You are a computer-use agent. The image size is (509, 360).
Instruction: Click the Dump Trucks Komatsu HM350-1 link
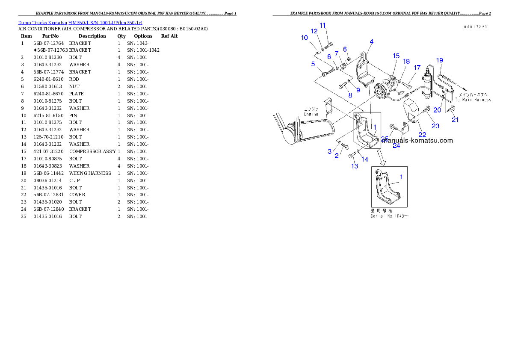point(80,22)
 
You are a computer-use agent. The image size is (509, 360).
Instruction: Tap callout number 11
point(323,25)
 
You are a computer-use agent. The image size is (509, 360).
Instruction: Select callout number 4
point(372,41)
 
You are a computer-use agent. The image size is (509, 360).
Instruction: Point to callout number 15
point(397,56)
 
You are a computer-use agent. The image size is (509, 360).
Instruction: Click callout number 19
point(440,60)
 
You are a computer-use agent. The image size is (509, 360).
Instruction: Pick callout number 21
point(455,120)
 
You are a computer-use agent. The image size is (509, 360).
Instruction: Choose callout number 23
point(435,126)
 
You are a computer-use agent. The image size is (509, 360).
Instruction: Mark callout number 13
point(355,166)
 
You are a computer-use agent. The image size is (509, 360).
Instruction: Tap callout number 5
point(313,64)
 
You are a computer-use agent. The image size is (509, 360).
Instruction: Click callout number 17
point(417,68)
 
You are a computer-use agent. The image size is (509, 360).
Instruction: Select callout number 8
point(350,95)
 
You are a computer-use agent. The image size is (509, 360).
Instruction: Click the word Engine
point(311,115)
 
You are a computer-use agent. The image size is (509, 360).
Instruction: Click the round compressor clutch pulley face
point(379,91)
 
